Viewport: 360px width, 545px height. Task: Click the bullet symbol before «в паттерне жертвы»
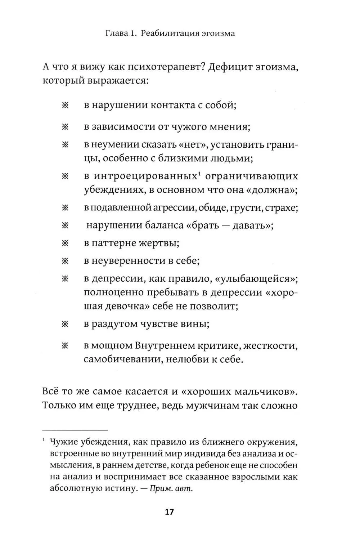[x=65, y=243]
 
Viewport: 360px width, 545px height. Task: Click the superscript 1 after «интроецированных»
[x=199, y=174]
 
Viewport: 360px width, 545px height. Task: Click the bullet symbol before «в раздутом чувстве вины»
[x=65, y=324]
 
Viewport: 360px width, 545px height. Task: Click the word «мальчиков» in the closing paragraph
[x=261, y=392]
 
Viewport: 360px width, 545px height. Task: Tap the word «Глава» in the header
[x=116, y=34]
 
